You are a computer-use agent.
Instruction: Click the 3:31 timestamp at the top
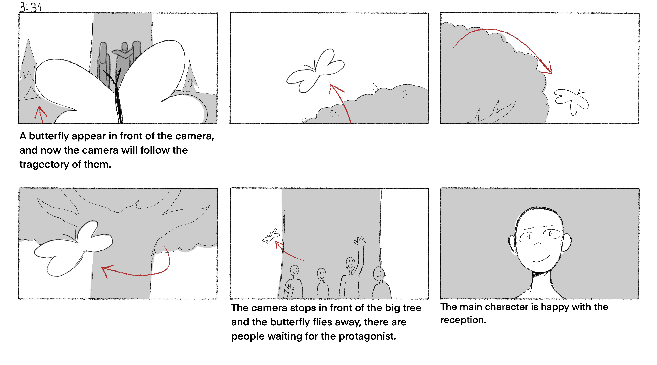pyautogui.click(x=31, y=7)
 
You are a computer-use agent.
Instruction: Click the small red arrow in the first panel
pyautogui.click(x=40, y=115)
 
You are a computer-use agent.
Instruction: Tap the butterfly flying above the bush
pyautogui.click(x=315, y=71)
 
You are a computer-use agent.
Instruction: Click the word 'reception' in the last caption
pyautogui.click(x=463, y=320)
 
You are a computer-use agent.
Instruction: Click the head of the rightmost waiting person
pyautogui.click(x=379, y=273)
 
